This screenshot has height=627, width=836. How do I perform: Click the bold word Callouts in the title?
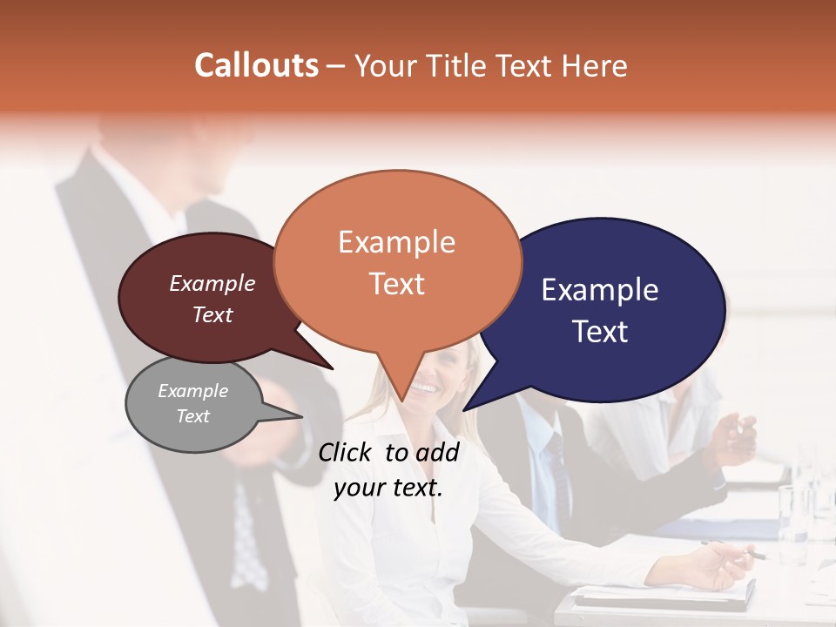[256, 65]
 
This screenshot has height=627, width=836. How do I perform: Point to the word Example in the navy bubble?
[600, 290]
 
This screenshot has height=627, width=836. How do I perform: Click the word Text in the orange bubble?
[397, 284]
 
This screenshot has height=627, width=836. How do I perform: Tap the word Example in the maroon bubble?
[212, 283]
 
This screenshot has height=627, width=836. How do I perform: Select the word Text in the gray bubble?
[193, 416]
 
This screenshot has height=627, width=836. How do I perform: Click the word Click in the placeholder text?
[347, 452]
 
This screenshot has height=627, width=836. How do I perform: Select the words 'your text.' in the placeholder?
[388, 488]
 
